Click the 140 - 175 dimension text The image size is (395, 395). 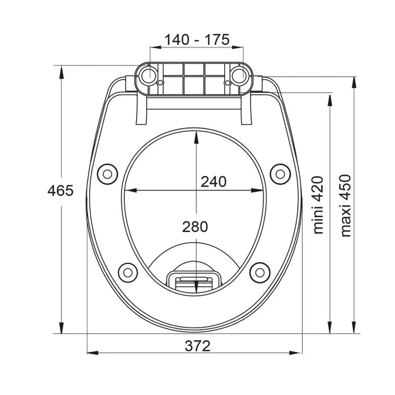[197, 39]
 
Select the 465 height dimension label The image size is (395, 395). [60, 191]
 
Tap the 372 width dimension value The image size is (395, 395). [197, 346]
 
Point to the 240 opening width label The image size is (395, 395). [214, 182]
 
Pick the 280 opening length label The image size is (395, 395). [195, 227]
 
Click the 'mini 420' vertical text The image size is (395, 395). [318, 205]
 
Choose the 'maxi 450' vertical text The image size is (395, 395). [345, 205]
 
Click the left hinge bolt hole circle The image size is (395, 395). [148, 76]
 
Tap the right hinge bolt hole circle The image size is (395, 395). [239, 76]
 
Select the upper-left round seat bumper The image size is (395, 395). [108, 174]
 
